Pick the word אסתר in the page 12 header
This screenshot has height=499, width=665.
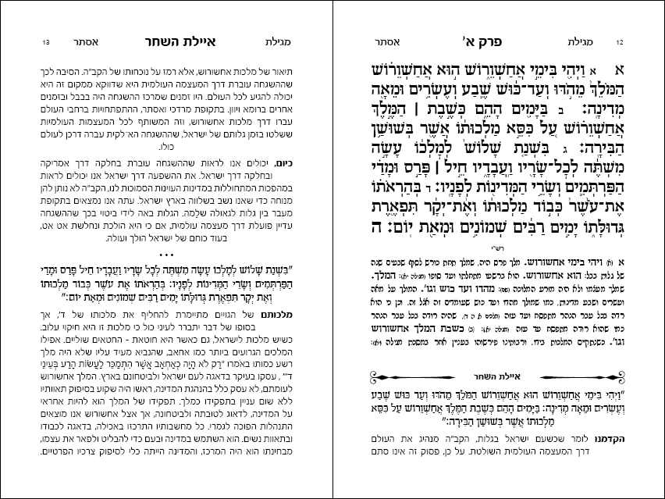[x=391, y=41]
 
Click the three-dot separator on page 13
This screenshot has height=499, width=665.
[x=165, y=256]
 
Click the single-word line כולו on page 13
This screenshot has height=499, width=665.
[x=165, y=146]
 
